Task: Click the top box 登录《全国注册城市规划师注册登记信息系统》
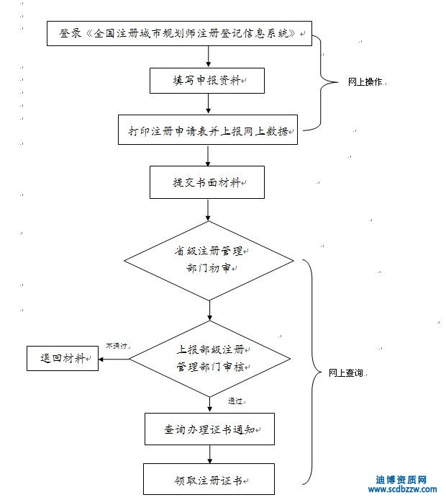(179, 33)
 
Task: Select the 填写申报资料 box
(209, 81)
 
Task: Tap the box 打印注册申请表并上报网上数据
(209, 130)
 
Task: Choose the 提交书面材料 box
(209, 183)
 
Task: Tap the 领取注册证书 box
(209, 479)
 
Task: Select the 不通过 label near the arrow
(117, 346)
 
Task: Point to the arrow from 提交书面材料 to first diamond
(209, 210)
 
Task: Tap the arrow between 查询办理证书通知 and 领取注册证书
(209, 454)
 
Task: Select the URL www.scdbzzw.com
(402, 490)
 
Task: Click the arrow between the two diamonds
(209, 311)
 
